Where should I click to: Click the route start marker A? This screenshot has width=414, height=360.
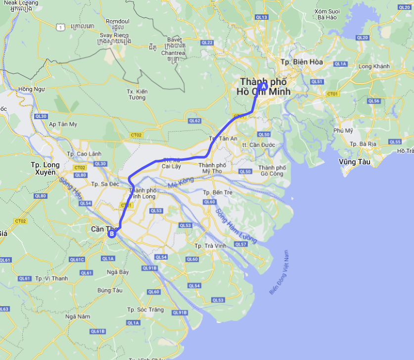[264, 86]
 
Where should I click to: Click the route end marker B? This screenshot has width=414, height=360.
[112, 234]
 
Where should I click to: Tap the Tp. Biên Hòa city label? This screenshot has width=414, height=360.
[301, 62]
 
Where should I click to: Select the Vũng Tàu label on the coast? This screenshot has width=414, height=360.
[354, 162]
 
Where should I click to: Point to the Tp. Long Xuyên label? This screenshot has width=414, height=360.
[45, 168]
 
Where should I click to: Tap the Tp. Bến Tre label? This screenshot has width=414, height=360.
[218, 192]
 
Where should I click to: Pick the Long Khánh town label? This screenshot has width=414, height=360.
[374, 66]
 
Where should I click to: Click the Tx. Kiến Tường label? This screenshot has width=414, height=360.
[137, 94]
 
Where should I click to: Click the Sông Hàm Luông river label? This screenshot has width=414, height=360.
[236, 225]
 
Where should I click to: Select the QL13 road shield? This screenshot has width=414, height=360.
[262, 17]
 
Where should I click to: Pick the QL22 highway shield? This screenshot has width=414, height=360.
[207, 43]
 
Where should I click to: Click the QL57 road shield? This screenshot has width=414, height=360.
[241, 244]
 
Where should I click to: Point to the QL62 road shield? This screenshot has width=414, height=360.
[194, 121]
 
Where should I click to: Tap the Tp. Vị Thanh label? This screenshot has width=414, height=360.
[51, 278]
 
